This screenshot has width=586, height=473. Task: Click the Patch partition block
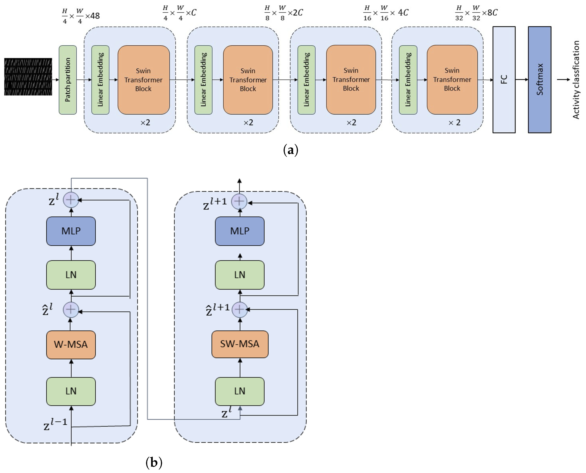68,80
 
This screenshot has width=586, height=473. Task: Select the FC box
504,80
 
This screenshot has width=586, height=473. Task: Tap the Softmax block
540,80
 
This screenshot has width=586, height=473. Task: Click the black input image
28,77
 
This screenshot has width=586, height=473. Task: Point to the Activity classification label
576,80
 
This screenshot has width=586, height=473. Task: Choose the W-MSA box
71,345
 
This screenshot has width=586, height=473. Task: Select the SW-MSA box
240,344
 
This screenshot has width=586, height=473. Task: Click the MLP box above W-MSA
71,231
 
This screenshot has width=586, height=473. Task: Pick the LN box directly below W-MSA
71,391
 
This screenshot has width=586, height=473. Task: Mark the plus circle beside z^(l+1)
239,201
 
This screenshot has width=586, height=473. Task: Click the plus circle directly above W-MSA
71,310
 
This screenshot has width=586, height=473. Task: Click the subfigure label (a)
291,150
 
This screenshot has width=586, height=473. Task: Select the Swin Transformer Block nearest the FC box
452,80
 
